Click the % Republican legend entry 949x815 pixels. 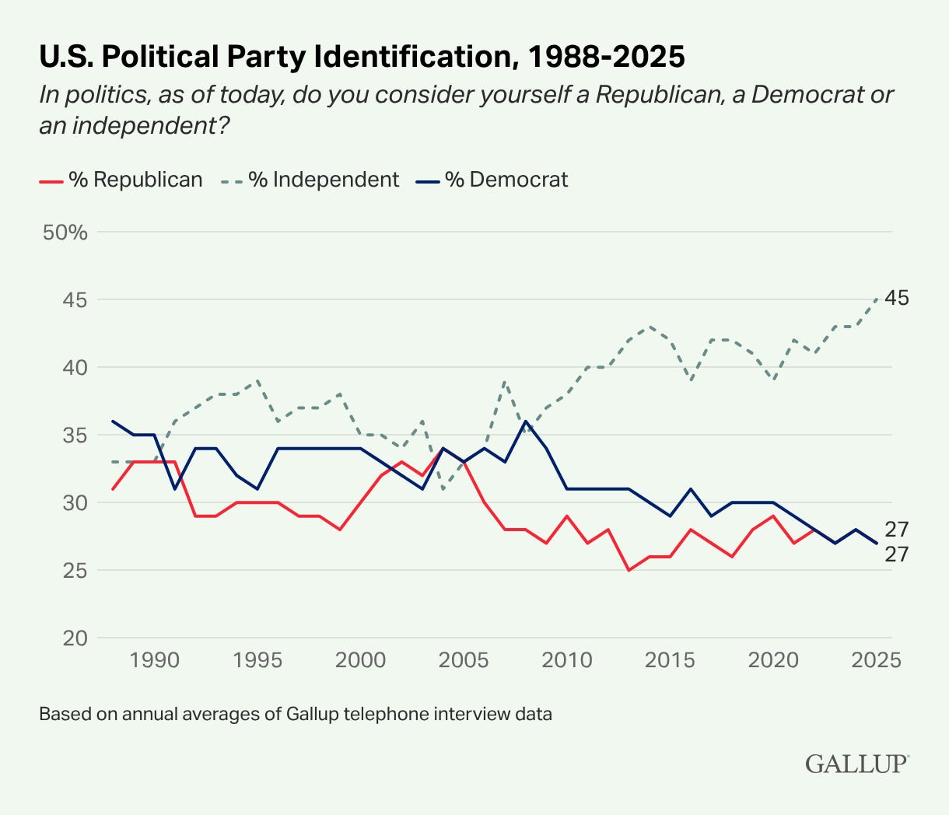[x=121, y=180]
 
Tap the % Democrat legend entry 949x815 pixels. [x=492, y=180]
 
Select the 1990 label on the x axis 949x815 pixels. [x=154, y=660]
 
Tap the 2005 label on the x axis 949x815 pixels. [x=464, y=660]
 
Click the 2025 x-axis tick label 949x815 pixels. [x=876, y=660]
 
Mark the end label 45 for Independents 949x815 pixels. [x=897, y=298]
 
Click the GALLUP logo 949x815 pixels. [x=856, y=763]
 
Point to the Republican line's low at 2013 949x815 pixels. [x=629, y=570]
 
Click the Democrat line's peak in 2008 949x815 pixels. [x=526, y=421]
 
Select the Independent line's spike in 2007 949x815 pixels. [x=505, y=381]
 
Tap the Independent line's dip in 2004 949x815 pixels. [x=443, y=489]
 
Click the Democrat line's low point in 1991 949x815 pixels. [x=175, y=488]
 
